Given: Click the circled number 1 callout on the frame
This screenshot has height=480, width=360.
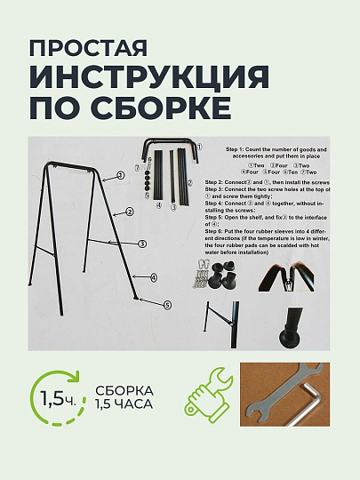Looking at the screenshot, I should coord(118,176).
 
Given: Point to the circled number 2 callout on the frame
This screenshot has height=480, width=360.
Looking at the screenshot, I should coord(129,212).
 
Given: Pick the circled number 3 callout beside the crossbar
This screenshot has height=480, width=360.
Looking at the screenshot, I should coord(142,242).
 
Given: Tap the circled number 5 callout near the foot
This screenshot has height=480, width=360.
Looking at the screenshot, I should coord(166,304).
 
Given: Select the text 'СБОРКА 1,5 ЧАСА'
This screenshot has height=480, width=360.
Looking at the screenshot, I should coord(124,397).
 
